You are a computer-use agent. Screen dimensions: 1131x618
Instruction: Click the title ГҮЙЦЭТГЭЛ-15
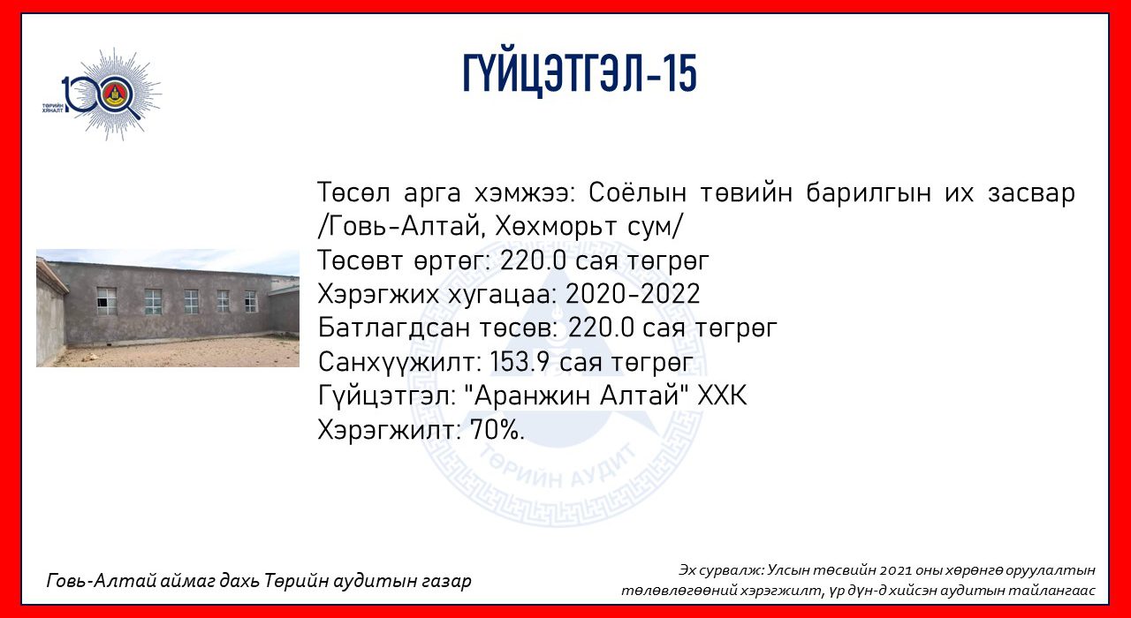[x=580, y=74]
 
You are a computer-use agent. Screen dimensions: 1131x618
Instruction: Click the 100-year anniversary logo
[x=102, y=94]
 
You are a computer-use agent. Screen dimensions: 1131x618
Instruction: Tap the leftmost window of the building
[x=106, y=301]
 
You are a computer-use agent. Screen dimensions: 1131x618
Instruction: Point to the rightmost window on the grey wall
[x=250, y=301]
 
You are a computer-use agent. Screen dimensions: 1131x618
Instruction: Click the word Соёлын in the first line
[x=637, y=192]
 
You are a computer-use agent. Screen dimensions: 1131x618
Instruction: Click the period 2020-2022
[x=632, y=294]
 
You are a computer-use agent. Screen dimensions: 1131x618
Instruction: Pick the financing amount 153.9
[x=520, y=361]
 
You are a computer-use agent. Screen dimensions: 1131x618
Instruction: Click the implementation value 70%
[x=497, y=430]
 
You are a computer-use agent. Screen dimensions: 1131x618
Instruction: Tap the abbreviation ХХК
[x=722, y=396]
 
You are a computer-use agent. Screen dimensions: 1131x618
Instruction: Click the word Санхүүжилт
[x=400, y=362]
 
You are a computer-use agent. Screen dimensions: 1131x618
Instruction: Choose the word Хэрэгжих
[x=378, y=294]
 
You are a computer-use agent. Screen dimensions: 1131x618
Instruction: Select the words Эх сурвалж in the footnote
[x=721, y=570]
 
